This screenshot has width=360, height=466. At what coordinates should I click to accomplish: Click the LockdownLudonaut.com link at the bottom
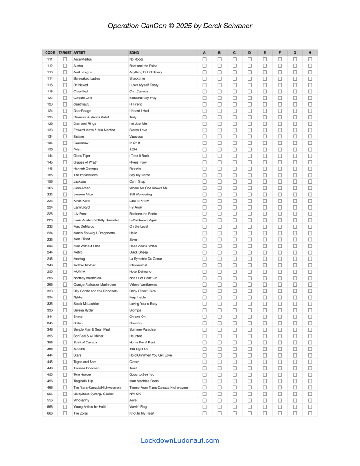[180, 440]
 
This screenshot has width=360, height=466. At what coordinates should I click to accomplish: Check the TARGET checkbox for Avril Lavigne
[65, 72]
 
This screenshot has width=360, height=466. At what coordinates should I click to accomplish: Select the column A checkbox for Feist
[204, 149]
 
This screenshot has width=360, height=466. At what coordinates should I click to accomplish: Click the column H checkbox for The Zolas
[310, 413]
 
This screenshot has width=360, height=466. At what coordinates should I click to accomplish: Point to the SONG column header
[134, 53]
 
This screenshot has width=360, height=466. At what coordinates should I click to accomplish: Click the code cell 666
[50, 413]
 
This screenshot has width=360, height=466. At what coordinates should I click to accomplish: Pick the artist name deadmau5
[82, 104]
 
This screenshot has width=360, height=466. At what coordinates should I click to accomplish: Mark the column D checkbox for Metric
[249, 252]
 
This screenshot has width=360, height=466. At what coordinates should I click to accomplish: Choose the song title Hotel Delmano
[140, 271]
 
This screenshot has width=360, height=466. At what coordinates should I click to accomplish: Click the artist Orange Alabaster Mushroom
[95, 284]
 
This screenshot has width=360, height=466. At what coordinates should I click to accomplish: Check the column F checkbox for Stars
[280, 355]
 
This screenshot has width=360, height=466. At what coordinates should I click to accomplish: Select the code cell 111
[50, 59]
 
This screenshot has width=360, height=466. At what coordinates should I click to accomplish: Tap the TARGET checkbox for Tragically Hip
[65, 381]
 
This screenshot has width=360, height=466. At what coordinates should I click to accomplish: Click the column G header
[295, 53]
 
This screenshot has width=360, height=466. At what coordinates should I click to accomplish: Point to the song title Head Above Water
[143, 246]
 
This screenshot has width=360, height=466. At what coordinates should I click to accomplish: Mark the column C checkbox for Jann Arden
[234, 188]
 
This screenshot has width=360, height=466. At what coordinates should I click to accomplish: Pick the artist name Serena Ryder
[84, 310]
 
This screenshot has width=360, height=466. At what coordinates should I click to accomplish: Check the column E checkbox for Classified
[264, 92]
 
